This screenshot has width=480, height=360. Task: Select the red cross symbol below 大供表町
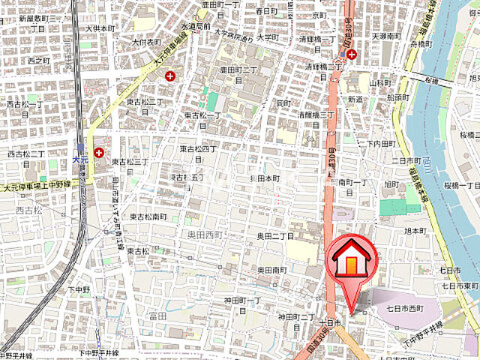pos(170,76)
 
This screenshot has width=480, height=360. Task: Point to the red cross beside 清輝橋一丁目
pos(351,54)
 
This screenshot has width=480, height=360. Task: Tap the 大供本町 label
pos(100,28)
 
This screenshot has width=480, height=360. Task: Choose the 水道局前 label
pos(196,26)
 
